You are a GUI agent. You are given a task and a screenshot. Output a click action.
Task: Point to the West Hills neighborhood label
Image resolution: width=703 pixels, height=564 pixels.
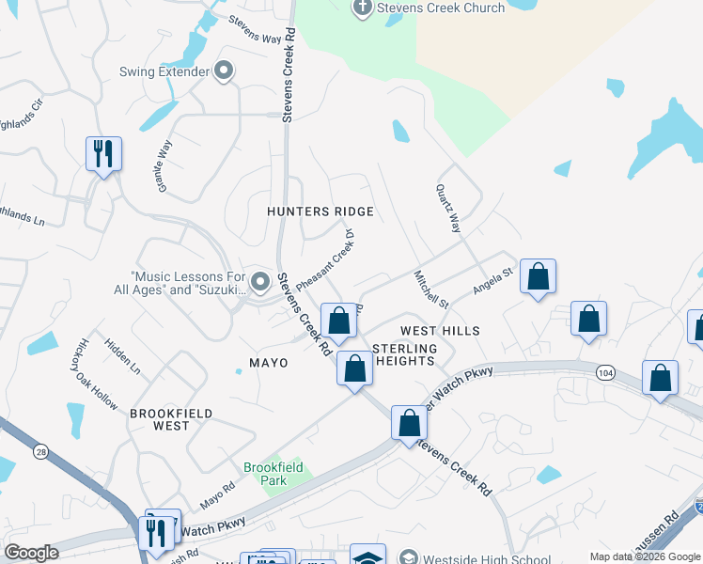(x=440, y=331)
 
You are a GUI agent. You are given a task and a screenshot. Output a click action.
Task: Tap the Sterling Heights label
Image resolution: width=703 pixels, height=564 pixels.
(x=404, y=354)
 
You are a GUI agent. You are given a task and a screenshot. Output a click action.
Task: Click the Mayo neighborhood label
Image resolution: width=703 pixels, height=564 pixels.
(x=268, y=362)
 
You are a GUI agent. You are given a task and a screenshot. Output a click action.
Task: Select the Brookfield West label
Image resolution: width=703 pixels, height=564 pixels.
(x=172, y=419)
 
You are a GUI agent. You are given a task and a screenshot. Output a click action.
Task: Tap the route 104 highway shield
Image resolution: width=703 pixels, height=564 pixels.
(x=604, y=373)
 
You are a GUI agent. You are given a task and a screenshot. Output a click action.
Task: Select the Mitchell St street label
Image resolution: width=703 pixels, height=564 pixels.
(x=431, y=289)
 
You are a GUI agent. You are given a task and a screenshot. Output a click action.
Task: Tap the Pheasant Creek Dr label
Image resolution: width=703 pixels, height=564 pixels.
(x=324, y=259)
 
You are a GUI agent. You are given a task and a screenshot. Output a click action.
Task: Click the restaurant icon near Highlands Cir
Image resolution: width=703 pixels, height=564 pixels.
(x=103, y=154)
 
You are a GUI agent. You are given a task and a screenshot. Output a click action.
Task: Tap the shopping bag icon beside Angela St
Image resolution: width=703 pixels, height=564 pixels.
(x=538, y=277)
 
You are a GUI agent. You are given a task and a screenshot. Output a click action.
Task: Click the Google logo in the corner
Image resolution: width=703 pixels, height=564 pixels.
(x=31, y=553)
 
